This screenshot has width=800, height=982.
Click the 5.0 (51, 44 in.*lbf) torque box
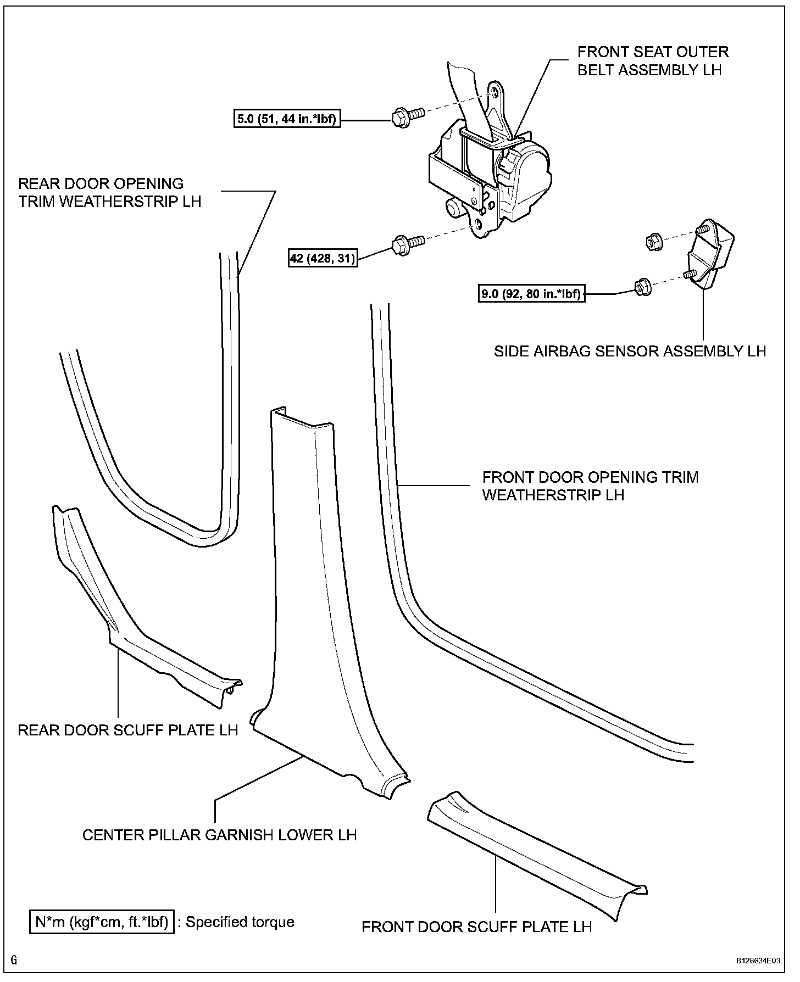tap(286, 119)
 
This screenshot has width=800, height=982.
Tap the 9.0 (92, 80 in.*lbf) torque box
tap(531, 294)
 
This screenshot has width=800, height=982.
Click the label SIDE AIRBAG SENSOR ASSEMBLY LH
tap(630, 351)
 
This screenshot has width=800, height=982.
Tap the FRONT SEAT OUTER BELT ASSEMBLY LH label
tap(652, 61)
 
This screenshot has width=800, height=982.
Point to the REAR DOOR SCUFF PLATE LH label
tap(128, 730)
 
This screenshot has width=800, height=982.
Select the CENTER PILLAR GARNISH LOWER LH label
tap(219, 835)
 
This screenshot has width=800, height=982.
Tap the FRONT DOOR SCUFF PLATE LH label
tap(476, 927)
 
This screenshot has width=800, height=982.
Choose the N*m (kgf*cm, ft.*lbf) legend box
tap(102, 922)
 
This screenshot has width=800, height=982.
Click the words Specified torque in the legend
tap(240, 922)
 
